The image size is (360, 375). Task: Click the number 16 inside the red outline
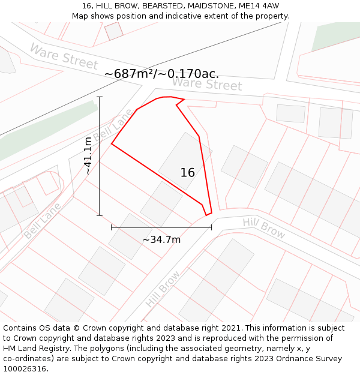point(187,173)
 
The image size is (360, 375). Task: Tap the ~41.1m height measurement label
point(88,156)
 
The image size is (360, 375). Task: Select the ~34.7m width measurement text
point(161,240)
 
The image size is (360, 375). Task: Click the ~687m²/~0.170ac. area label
point(161,74)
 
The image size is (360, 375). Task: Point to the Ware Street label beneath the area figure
point(206,84)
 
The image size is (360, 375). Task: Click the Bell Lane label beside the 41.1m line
point(113,125)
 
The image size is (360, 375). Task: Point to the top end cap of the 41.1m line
point(100,97)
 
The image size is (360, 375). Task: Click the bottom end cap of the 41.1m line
point(100,215)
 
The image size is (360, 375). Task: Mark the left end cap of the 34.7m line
point(112,227)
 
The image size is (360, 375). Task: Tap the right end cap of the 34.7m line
point(211,227)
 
